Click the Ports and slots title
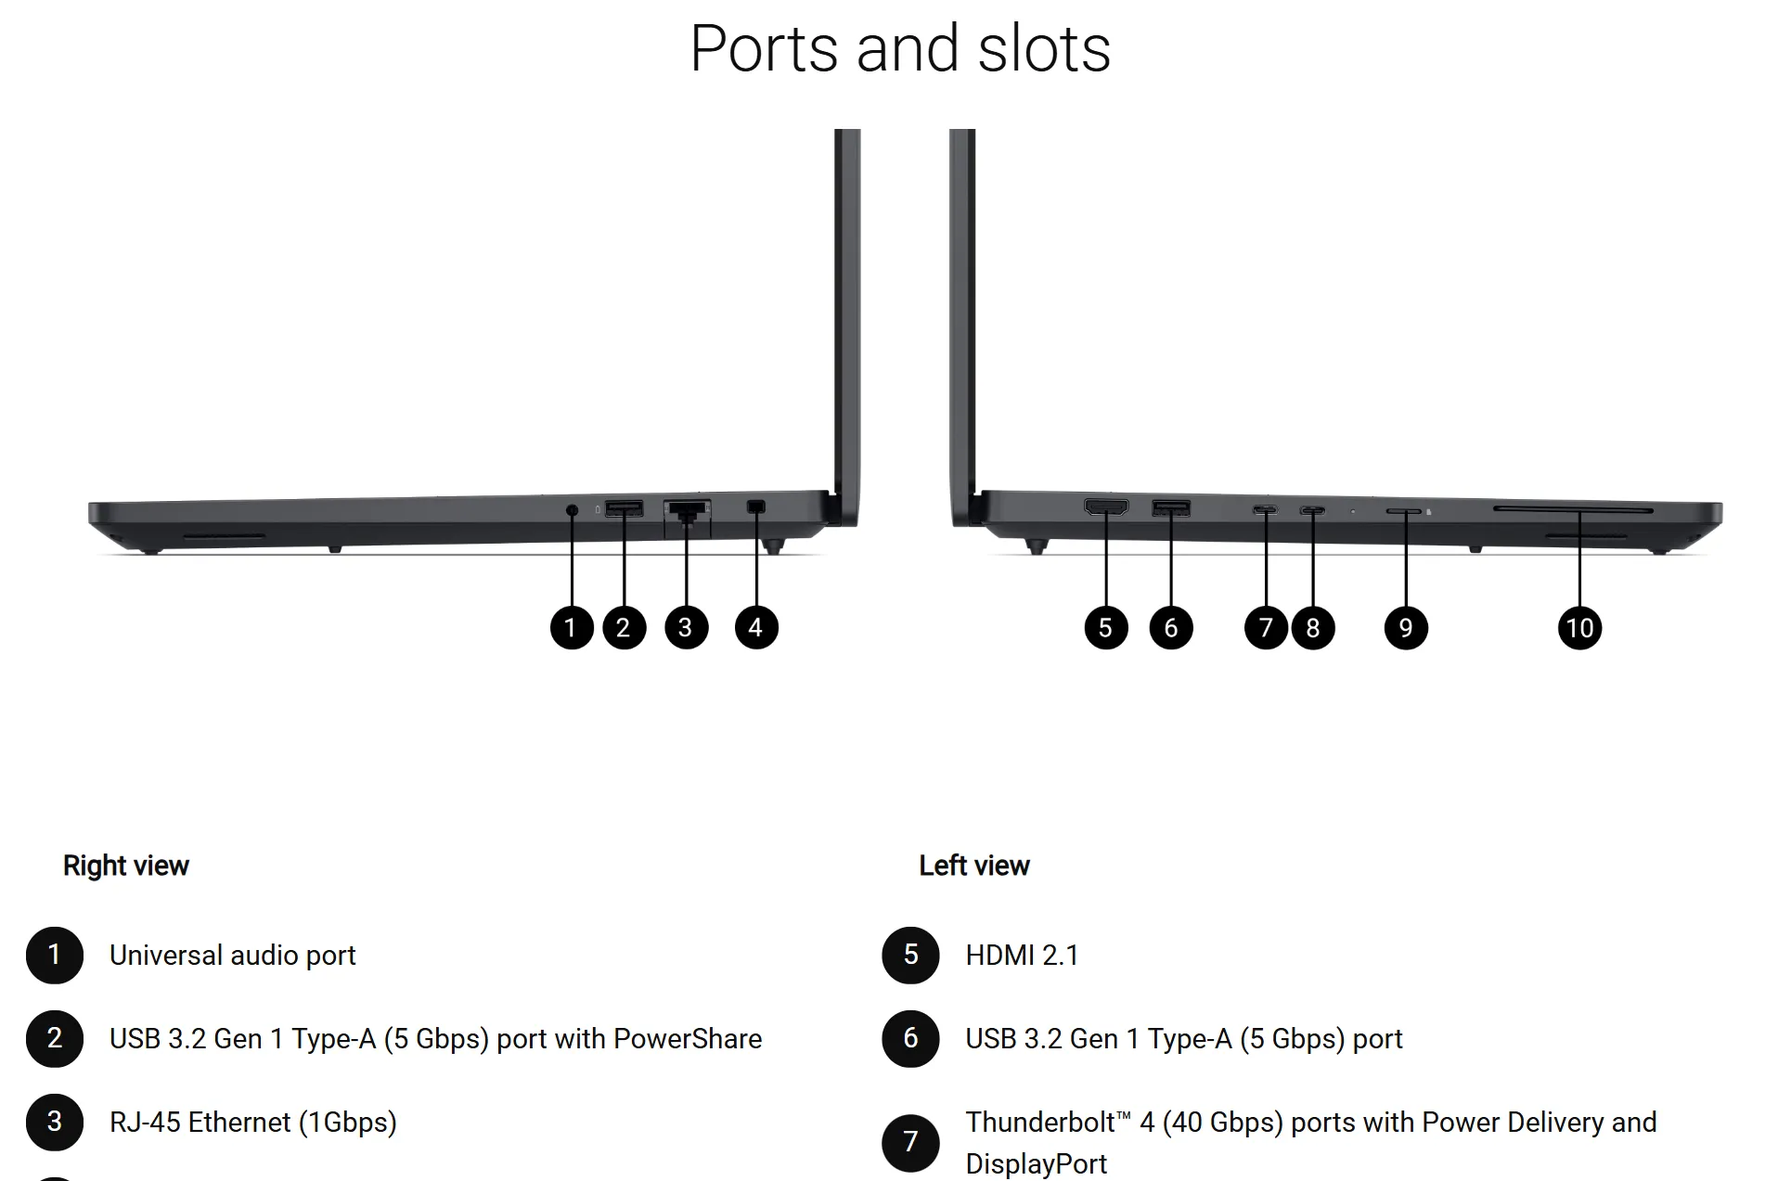[900, 48]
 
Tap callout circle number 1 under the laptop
[572, 627]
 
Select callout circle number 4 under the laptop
[756, 627]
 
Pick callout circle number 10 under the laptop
[1579, 627]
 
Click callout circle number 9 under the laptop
[1406, 627]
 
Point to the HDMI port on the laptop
[1106, 507]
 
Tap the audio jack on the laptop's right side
[572, 509]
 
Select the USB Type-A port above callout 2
[624, 508]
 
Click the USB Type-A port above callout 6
[1171, 507]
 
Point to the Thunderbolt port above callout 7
[1265, 509]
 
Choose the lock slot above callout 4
[756, 507]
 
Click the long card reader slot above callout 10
[1573, 509]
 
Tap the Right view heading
[126, 866]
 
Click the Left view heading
[974, 866]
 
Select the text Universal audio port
[232, 956]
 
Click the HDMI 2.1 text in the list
[1022, 956]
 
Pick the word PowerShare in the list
[688, 1039]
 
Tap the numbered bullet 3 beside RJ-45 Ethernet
[55, 1122]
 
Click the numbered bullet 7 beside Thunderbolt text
[910, 1142]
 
